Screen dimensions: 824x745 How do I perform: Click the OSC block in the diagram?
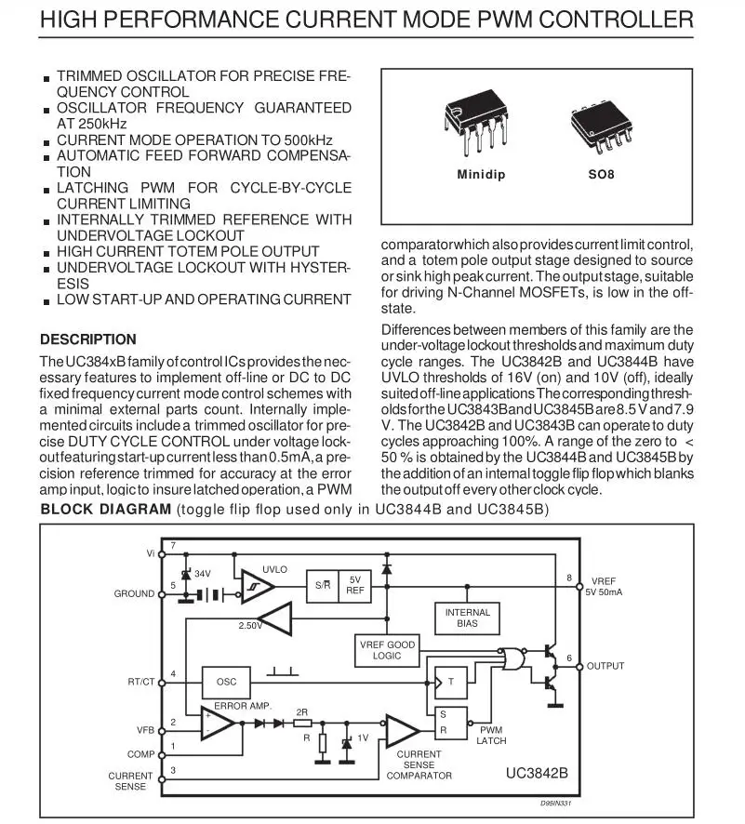coord(226,682)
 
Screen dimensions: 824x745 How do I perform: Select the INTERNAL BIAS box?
coord(467,618)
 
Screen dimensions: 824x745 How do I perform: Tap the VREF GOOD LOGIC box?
coord(387,650)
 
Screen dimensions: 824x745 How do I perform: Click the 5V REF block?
coord(354,585)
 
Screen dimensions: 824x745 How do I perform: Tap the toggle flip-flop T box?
coord(450,682)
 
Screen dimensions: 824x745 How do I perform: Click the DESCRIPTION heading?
coord(88,339)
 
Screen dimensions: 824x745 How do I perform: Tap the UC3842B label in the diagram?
coord(537,772)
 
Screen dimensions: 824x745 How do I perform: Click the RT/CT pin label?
coord(141,682)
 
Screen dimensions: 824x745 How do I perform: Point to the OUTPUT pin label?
coord(605,666)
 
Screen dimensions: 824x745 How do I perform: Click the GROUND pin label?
coord(134,593)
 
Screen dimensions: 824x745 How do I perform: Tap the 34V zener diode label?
coord(203,574)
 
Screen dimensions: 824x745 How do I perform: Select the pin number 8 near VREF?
coord(569,578)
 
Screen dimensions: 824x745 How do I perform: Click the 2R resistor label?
coord(302,712)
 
